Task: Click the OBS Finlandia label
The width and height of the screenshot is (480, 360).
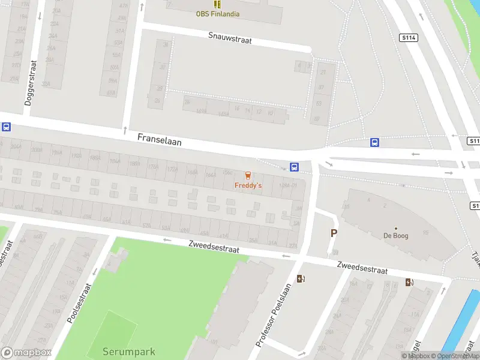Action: click(218, 13)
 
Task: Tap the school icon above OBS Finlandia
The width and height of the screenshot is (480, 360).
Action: click(218, 4)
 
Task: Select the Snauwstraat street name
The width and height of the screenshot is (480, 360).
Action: click(230, 38)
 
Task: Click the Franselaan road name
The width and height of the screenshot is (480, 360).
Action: click(159, 140)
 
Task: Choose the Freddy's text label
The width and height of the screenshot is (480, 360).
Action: click(248, 186)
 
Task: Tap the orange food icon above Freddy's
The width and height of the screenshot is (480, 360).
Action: click(248, 175)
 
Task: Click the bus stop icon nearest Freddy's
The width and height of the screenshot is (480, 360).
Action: click(294, 167)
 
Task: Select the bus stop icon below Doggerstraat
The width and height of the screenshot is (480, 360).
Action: click(6, 127)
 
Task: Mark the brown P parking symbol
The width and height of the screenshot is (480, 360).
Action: click(334, 233)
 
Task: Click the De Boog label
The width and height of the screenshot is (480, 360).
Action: click(396, 236)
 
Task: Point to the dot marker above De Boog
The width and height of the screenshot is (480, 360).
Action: click(396, 228)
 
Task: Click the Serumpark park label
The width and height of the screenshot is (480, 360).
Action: click(128, 352)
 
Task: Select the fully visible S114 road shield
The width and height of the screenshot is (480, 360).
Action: click(408, 38)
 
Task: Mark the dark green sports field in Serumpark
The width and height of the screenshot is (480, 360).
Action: click(106, 335)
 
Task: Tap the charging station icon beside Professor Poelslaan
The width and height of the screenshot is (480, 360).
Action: click(301, 278)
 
